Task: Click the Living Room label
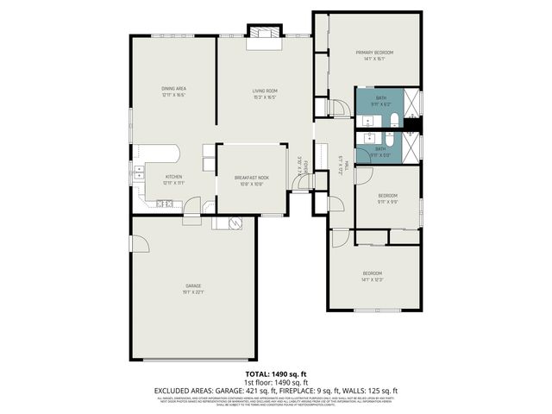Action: (x=264, y=91)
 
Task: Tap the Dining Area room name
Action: (x=173, y=89)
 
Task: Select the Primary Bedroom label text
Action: (x=374, y=53)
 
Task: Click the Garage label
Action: (x=193, y=285)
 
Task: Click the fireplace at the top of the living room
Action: (x=261, y=34)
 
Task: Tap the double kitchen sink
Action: (x=138, y=170)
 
